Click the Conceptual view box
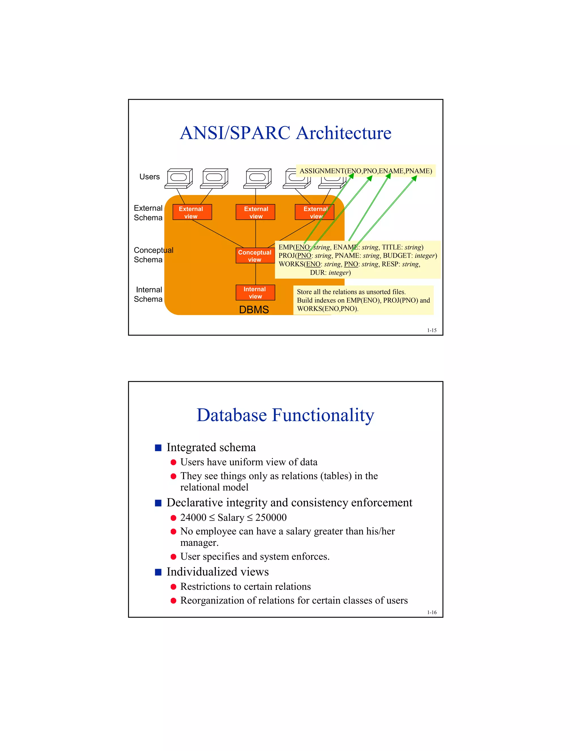click(x=255, y=256)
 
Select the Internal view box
click(x=255, y=293)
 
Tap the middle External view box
click(x=256, y=213)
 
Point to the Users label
click(x=150, y=177)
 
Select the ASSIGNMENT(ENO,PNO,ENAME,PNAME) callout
click(x=366, y=171)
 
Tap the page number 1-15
click(x=432, y=330)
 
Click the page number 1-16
click(x=432, y=612)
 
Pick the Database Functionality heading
click(x=285, y=415)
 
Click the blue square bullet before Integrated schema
click(x=158, y=448)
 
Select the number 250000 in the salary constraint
click(x=271, y=517)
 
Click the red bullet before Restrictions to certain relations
click(x=174, y=587)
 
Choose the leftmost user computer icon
click(x=179, y=178)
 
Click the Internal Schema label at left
click(x=148, y=294)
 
